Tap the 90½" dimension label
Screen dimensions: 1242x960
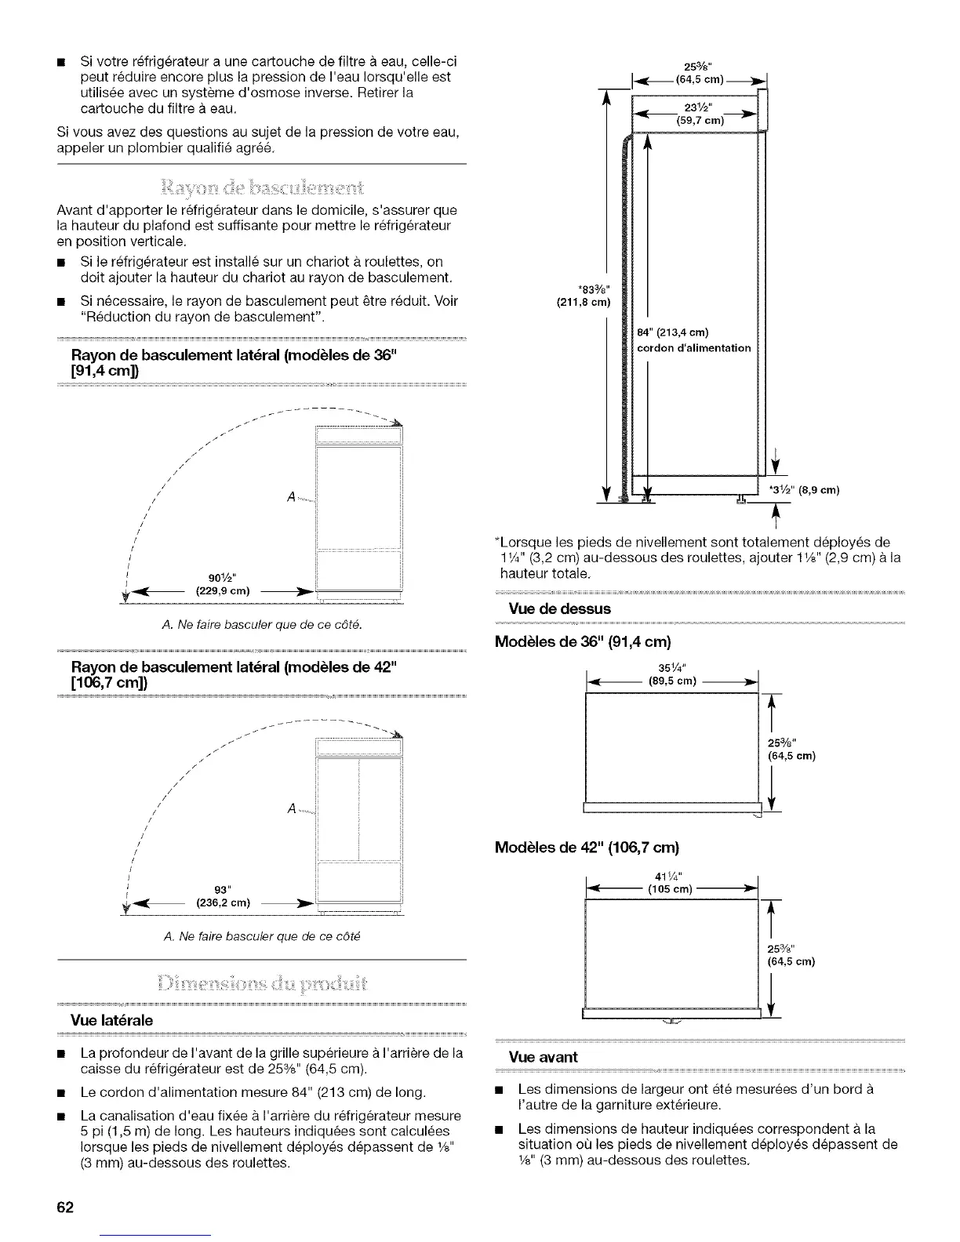[x=220, y=579]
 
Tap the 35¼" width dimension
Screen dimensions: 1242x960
[x=673, y=668]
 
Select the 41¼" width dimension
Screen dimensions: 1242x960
[x=672, y=877]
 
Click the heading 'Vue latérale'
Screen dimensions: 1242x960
[x=112, y=1019]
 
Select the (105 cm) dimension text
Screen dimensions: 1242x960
[x=672, y=890]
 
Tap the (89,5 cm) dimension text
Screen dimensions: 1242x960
[x=672, y=681]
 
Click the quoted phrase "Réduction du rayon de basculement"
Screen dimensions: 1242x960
[x=203, y=317]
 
